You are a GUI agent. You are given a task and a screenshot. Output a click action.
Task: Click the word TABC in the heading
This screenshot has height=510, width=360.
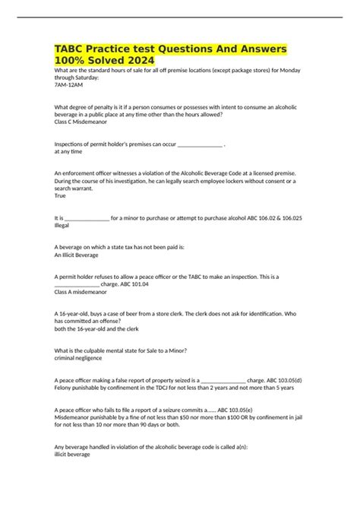pos(74,48)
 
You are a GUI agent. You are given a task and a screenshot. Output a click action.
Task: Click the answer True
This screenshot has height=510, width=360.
pos(61,195)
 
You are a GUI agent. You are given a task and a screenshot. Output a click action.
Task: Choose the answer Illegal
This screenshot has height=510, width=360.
pos(64,225)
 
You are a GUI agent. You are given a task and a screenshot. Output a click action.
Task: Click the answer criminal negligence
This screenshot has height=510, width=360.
pos(81,357)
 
